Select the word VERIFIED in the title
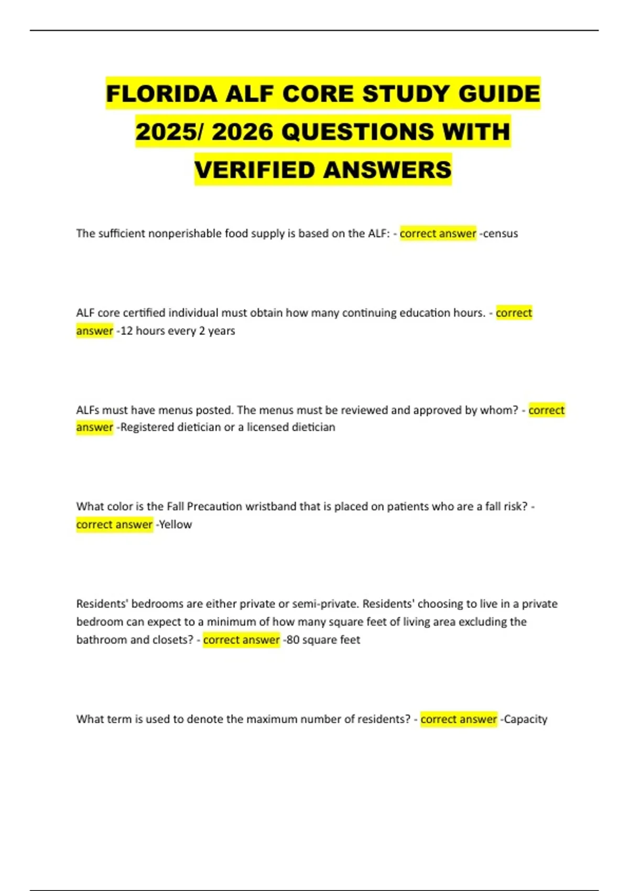[x=255, y=170]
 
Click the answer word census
[x=500, y=234]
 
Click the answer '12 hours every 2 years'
[x=177, y=331]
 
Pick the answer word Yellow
[x=176, y=525]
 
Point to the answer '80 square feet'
[x=323, y=640]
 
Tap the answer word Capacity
[x=525, y=719]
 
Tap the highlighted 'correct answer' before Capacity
[x=459, y=719]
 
